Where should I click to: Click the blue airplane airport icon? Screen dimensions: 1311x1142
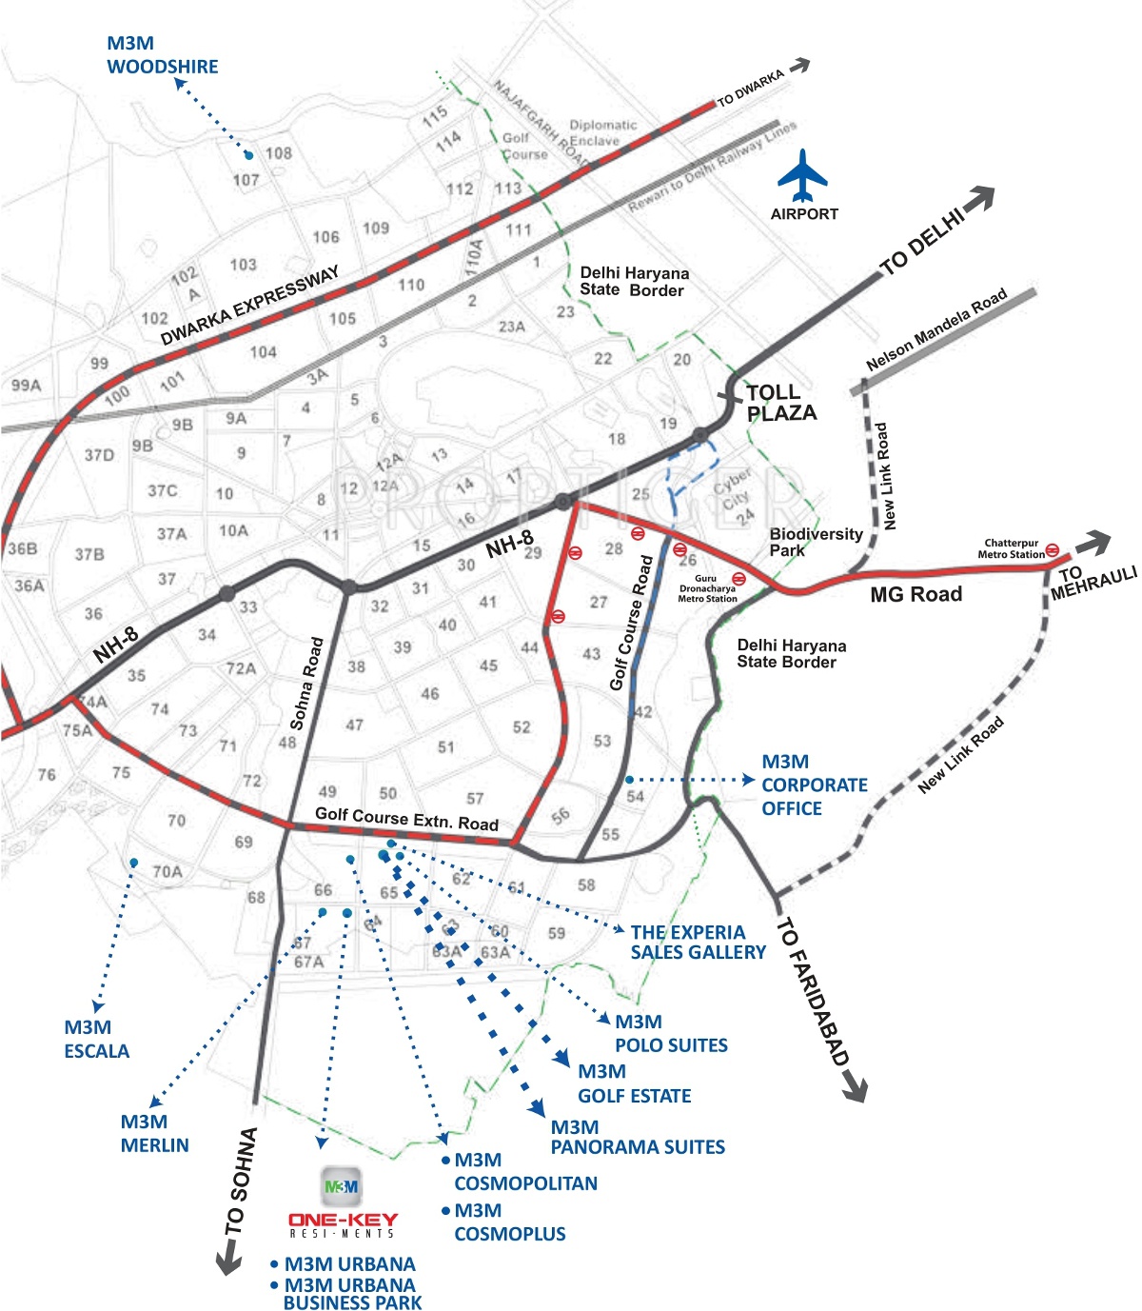pos(802,175)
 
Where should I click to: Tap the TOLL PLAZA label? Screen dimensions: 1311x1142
pos(781,403)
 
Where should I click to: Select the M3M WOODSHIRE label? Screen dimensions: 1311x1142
pos(162,55)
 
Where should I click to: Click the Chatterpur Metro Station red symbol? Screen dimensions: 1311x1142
pos(1053,549)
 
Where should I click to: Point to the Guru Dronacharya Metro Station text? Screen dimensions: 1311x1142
pos(707,589)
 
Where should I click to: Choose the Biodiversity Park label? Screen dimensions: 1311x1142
pos(816,542)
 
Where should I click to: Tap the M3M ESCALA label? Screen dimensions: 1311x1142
pos(96,1040)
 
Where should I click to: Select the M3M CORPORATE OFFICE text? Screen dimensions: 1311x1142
pos(814,785)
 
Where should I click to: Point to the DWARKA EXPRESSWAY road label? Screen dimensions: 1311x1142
pos(249,306)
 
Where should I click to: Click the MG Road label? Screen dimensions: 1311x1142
pos(916,595)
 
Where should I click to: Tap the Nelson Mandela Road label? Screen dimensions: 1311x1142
pos(936,329)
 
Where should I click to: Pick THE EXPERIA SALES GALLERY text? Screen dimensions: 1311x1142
pos(698,943)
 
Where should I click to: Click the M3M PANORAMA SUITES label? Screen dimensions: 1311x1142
pos(637,1138)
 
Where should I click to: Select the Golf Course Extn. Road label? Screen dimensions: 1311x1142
pos(406,819)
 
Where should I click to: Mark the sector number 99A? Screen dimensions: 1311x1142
pos(27,386)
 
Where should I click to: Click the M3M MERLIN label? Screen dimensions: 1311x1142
pos(154,1134)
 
